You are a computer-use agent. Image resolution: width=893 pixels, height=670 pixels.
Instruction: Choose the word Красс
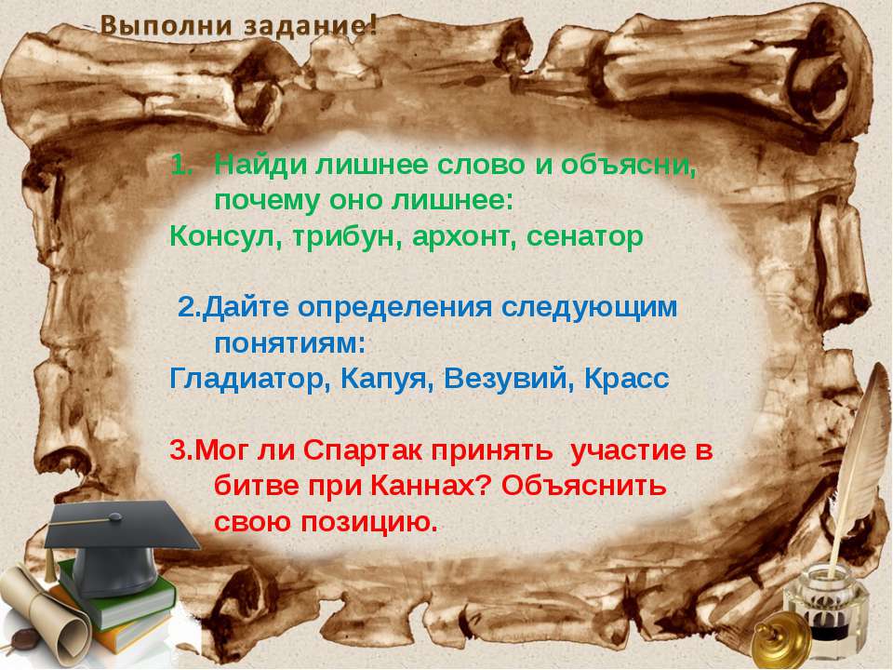pyautogui.click(x=625, y=380)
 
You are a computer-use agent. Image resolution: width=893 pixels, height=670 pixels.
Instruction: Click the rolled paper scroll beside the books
pyautogui.click(x=42, y=614)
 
